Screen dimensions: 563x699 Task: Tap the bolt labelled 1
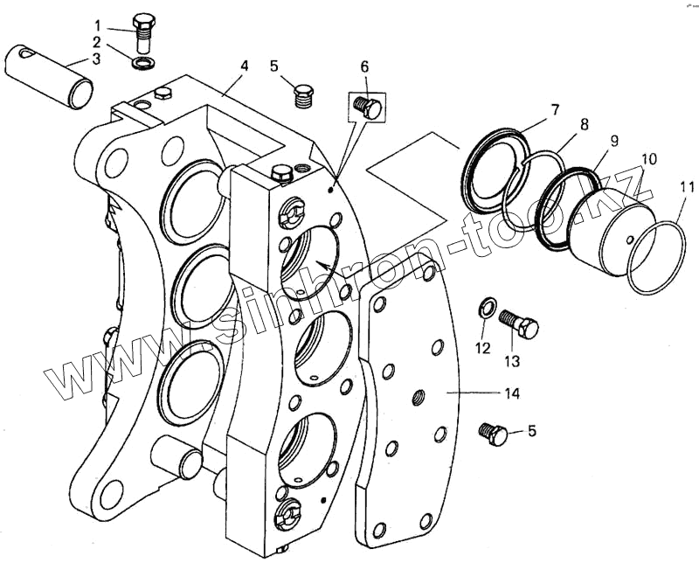pyautogui.click(x=142, y=31)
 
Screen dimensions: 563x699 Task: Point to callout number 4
pyautogui.click(x=245, y=66)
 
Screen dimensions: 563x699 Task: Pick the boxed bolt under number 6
pyautogui.click(x=365, y=107)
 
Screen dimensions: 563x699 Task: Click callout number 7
pyautogui.click(x=554, y=110)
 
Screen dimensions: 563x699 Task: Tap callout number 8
pyautogui.click(x=584, y=125)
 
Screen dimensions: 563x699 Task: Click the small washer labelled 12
pyautogui.click(x=488, y=308)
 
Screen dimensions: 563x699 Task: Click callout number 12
pyautogui.click(x=483, y=349)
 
